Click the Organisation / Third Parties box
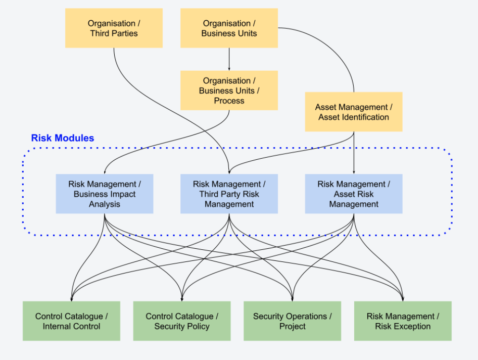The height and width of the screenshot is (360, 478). tap(114, 28)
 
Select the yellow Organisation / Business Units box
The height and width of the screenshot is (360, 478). tap(229, 28)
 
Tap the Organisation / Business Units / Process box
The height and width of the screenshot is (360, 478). tap(229, 91)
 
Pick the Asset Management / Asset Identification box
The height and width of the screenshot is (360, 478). tap(354, 112)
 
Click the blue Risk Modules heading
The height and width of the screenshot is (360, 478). tap(63, 138)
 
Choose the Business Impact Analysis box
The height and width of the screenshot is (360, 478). tap(105, 194)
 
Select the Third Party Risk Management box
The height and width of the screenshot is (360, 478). tap(229, 194)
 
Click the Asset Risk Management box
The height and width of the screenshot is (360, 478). tap(354, 194)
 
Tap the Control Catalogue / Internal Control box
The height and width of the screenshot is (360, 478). tap(71, 321)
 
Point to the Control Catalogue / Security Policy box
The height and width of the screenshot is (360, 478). tap(182, 321)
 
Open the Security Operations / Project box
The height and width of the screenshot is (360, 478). tap(292, 321)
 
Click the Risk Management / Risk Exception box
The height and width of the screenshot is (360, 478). tap(403, 321)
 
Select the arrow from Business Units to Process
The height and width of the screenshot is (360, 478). tap(229, 59)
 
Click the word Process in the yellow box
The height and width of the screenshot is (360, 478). tap(229, 101)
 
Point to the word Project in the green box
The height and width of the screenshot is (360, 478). tap(292, 326)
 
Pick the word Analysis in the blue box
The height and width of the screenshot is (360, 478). tap(105, 204)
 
